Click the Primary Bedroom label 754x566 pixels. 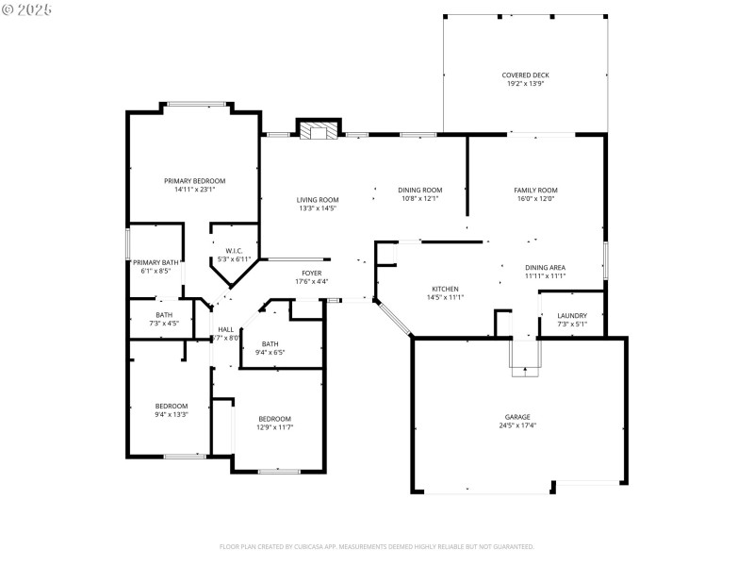(x=195, y=180)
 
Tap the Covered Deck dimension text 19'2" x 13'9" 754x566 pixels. (x=525, y=84)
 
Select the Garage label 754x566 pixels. (x=517, y=416)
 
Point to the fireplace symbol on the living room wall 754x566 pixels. (x=317, y=130)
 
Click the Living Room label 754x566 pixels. (x=318, y=199)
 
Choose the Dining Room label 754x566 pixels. (x=420, y=190)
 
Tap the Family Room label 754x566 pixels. (x=535, y=190)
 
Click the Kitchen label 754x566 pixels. (x=445, y=289)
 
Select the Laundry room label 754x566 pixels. (x=572, y=315)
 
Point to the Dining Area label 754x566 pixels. (x=545, y=267)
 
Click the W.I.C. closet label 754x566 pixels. (x=235, y=250)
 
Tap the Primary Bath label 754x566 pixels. (x=156, y=262)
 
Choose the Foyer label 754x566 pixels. (x=311, y=273)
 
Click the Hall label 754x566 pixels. (x=225, y=329)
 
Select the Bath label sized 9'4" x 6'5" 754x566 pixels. (x=270, y=343)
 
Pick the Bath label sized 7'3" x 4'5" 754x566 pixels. (x=164, y=314)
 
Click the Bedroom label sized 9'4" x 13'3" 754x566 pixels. (x=172, y=406)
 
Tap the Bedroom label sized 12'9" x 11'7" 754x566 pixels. (x=275, y=418)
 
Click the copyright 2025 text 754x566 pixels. (x=27, y=8)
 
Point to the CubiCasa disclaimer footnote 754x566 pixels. (x=377, y=546)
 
